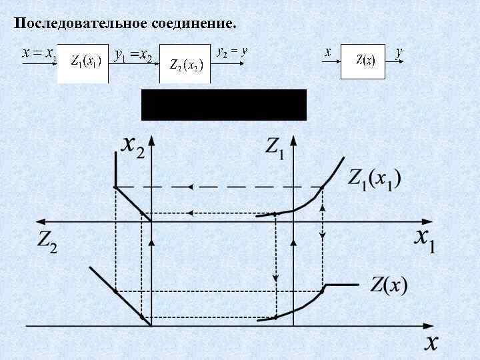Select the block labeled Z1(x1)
pyautogui.click(x=83, y=63)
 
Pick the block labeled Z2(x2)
pyautogui.click(x=185, y=65)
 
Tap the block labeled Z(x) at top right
pyautogui.click(x=365, y=61)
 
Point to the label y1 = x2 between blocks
pyautogui.click(x=133, y=56)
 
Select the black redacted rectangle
pyautogui.click(x=223, y=105)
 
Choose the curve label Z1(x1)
pyautogui.click(x=374, y=179)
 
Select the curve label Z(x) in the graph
pyautogui.click(x=389, y=286)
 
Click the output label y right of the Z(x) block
pyautogui.click(x=398, y=52)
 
